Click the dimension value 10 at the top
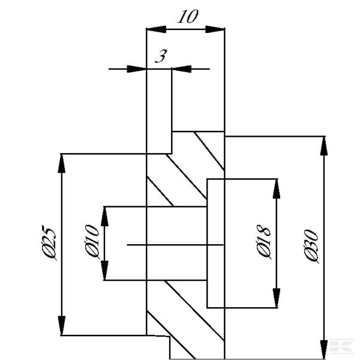coord(188,17)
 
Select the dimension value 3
coord(161,56)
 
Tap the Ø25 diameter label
coord(49,242)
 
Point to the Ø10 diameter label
coord(92,241)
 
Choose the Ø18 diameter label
coord(263,242)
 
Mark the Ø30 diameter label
coord(311,246)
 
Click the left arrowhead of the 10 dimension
coord(157,29)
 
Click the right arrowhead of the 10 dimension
coord(215,29)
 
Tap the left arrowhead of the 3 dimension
coord(137,69)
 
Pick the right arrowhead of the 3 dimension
coord(182,69)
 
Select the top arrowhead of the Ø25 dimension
coord(62,163)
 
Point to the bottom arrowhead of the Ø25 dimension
coord(62,326)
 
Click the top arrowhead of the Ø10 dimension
coord(104,216)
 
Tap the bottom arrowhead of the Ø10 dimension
coord(104,271)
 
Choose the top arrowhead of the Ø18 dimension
coord(277,189)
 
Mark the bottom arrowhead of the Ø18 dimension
coord(277,298)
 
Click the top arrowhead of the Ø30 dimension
coord(324,146)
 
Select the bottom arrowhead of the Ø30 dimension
coord(324,350)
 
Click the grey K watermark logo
coord(341,345)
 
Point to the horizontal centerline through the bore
coord(175,245)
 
